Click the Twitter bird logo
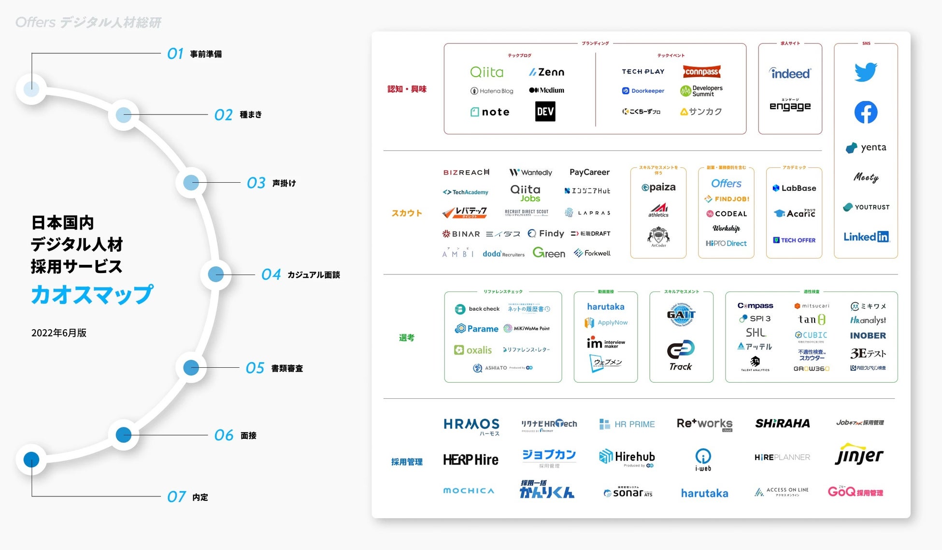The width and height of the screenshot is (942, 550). (x=865, y=72)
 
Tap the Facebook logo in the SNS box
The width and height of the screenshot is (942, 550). (x=866, y=112)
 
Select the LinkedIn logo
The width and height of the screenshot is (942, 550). (x=866, y=237)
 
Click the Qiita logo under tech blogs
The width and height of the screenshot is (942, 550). (x=486, y=72)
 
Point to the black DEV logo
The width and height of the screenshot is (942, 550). (x=545, y=112)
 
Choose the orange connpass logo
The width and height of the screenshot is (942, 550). (x=701, y=72)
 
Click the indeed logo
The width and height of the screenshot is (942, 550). (x=790, y=73)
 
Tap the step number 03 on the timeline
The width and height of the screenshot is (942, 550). (x=256, y=183)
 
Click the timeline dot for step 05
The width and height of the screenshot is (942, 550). (x=191, y=368)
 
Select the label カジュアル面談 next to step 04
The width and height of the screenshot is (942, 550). (x=314, y=275)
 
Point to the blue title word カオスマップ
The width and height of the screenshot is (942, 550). (x=92, y=294)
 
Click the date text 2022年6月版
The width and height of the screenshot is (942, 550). (x=59, y=333)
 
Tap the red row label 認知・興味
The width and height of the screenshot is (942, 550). (x=407, y=89)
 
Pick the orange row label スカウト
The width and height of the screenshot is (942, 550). (x=407, y=213)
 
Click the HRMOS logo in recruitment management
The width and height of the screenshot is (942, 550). (x=471, y=424)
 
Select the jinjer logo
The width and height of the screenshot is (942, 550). (x=859, y=455)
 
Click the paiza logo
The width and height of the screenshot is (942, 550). (x=658, y=188)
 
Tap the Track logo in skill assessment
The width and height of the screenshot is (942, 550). (x=681, y=356)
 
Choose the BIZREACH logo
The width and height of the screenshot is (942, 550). (x=466, y=173)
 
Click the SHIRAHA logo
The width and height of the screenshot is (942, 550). (x=783, y=423)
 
